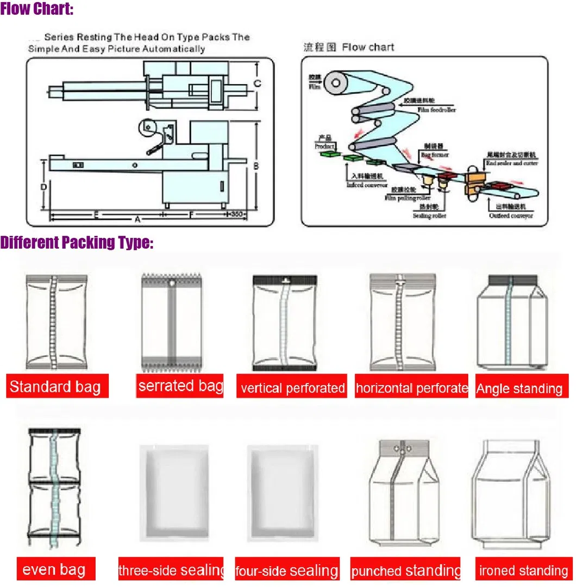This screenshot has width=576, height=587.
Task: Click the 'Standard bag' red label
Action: coord(56,386)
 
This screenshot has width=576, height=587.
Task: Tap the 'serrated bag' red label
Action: coord(180,386)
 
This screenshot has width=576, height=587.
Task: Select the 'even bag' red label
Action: coord(54,569)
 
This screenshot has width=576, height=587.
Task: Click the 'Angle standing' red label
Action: coord(520,388)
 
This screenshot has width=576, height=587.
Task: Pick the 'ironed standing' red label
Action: coord(523,571)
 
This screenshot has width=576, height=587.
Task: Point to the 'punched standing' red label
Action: coord(405,571)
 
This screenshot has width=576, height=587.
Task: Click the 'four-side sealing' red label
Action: coord(287,571)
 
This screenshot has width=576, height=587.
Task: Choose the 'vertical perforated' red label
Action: coord(292,388)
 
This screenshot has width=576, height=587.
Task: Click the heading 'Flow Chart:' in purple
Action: coord(37,9)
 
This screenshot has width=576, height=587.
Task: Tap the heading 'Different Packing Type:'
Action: coord(77,242)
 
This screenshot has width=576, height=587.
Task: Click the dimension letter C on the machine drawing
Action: coord(258,84)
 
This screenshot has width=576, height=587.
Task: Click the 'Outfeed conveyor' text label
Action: coord(511,216)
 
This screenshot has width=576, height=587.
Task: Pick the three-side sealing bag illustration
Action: coord(173,493)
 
